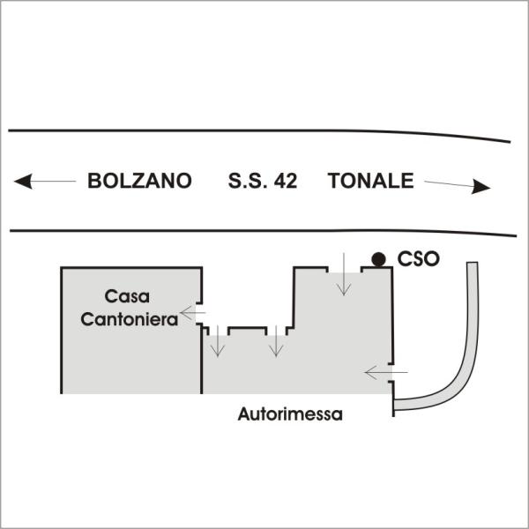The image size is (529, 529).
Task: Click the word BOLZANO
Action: pos(139,181)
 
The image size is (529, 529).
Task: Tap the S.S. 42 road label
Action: pos(263,181)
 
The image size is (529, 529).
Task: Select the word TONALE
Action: pos(371,181)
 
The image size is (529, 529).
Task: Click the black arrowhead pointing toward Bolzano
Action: pos(23,181)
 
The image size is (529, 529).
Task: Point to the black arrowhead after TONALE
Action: pos(481,187)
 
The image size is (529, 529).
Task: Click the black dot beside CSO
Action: pos(378,259)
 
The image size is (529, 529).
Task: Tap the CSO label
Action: pos(418,259)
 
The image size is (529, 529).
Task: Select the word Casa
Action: pos(127,296)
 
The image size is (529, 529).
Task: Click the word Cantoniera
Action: pos(130,319)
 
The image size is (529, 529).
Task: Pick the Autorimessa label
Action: pos(290,414)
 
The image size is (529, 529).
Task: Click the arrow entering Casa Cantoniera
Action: pos(193,313)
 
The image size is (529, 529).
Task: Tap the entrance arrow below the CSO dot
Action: pos(344,274)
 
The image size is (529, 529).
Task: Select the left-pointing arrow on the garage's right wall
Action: pos(386,372)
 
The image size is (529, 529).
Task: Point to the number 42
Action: pos(286,181)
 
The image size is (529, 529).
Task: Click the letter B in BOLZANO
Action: pos(94,181)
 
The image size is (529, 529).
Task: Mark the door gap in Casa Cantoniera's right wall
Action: pos(201,313)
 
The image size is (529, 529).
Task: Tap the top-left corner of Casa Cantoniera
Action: pos(62,268)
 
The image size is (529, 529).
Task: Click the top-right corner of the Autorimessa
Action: pos(391,268)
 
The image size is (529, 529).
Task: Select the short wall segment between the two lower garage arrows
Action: pos(247,329)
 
